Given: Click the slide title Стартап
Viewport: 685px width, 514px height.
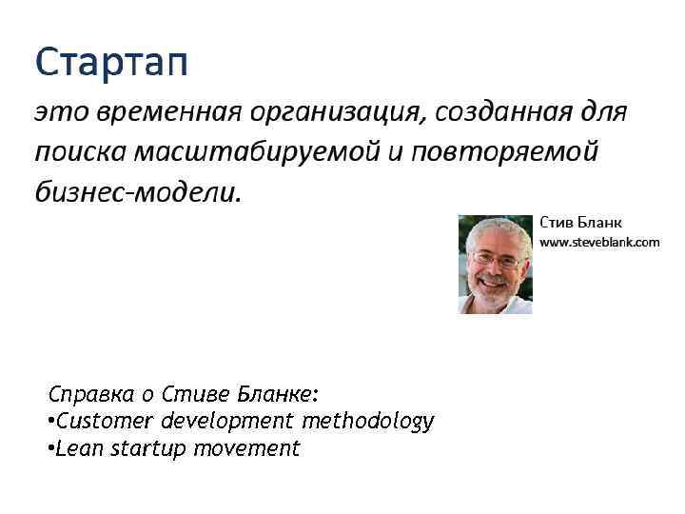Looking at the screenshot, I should click(111, 64).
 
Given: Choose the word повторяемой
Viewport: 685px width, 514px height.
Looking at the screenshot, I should click(503, 152).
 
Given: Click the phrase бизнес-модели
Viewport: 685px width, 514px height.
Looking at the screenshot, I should click(138, 191).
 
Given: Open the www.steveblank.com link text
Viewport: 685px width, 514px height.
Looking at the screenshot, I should click(599, 243).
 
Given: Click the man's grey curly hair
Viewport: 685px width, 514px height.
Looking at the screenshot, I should click(495, 229).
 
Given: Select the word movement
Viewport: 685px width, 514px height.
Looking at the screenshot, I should click(246, 448).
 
